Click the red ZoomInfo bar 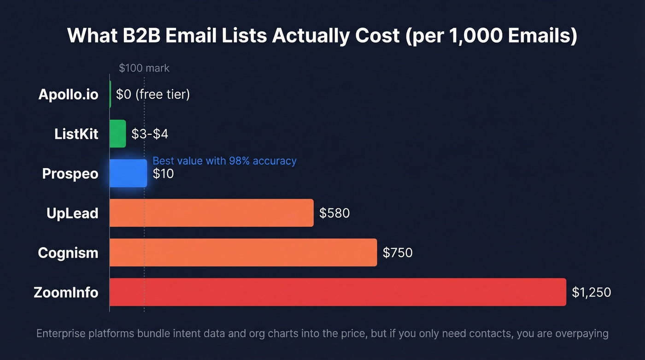pyautogui.click(x=337, y=292)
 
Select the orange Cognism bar pyautogui.click(x=243, y=252)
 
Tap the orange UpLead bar pyautogui.click(x=211, y=213)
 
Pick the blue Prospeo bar pyautogui.click(x=128, y=173)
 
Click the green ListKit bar pyautogui.click(x=117, y=134)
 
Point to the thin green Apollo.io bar pyautogui.click(x=110, y=94)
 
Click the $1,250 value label pyautogui.click(x=591, y=292)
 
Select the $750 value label pyautogui.click(x=398, y=253)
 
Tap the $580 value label pyautogui.click(x=334, y=213)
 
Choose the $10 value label pyautogui.click(x=163, y=174)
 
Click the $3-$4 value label pyautogui.click(x=150, y=134)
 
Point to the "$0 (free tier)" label pyautogui.click(x=153, y=94)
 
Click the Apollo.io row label pyautogui.click(x=68, y=94)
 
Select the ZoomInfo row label pyautogui.click(x=66, y=292)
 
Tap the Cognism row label pyautogui.click(x=68, y=253)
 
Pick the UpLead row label pyautogui.click(x=72, y=213)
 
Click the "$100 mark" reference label pyautogui.click(x=144, y=68)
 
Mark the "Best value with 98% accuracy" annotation pyautogui.click(x=224, y=161)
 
